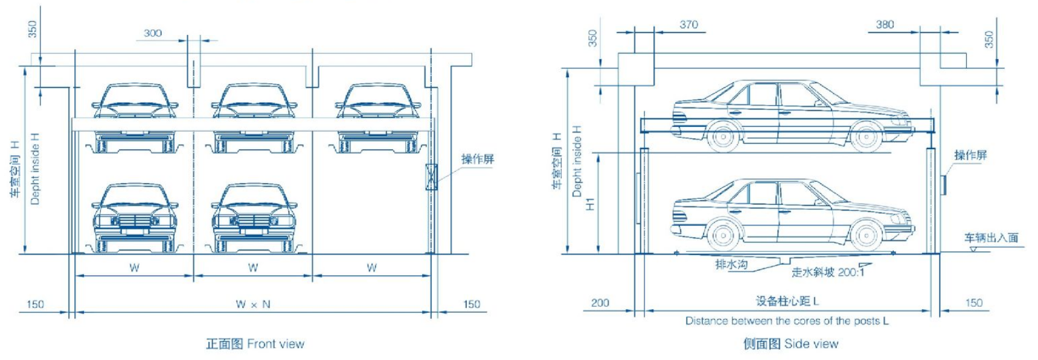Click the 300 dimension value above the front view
(x=153, y=33)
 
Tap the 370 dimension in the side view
(x=688, y=25)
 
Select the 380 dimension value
(x=885, y=25)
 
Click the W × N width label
(x=253, y=304)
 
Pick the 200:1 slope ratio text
(x=851, y=272)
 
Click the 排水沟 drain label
(x=731, y=264)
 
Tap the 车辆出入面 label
(x=991, y=237)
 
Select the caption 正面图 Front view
(x=255, y=344)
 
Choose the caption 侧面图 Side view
(x=790, y=344)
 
